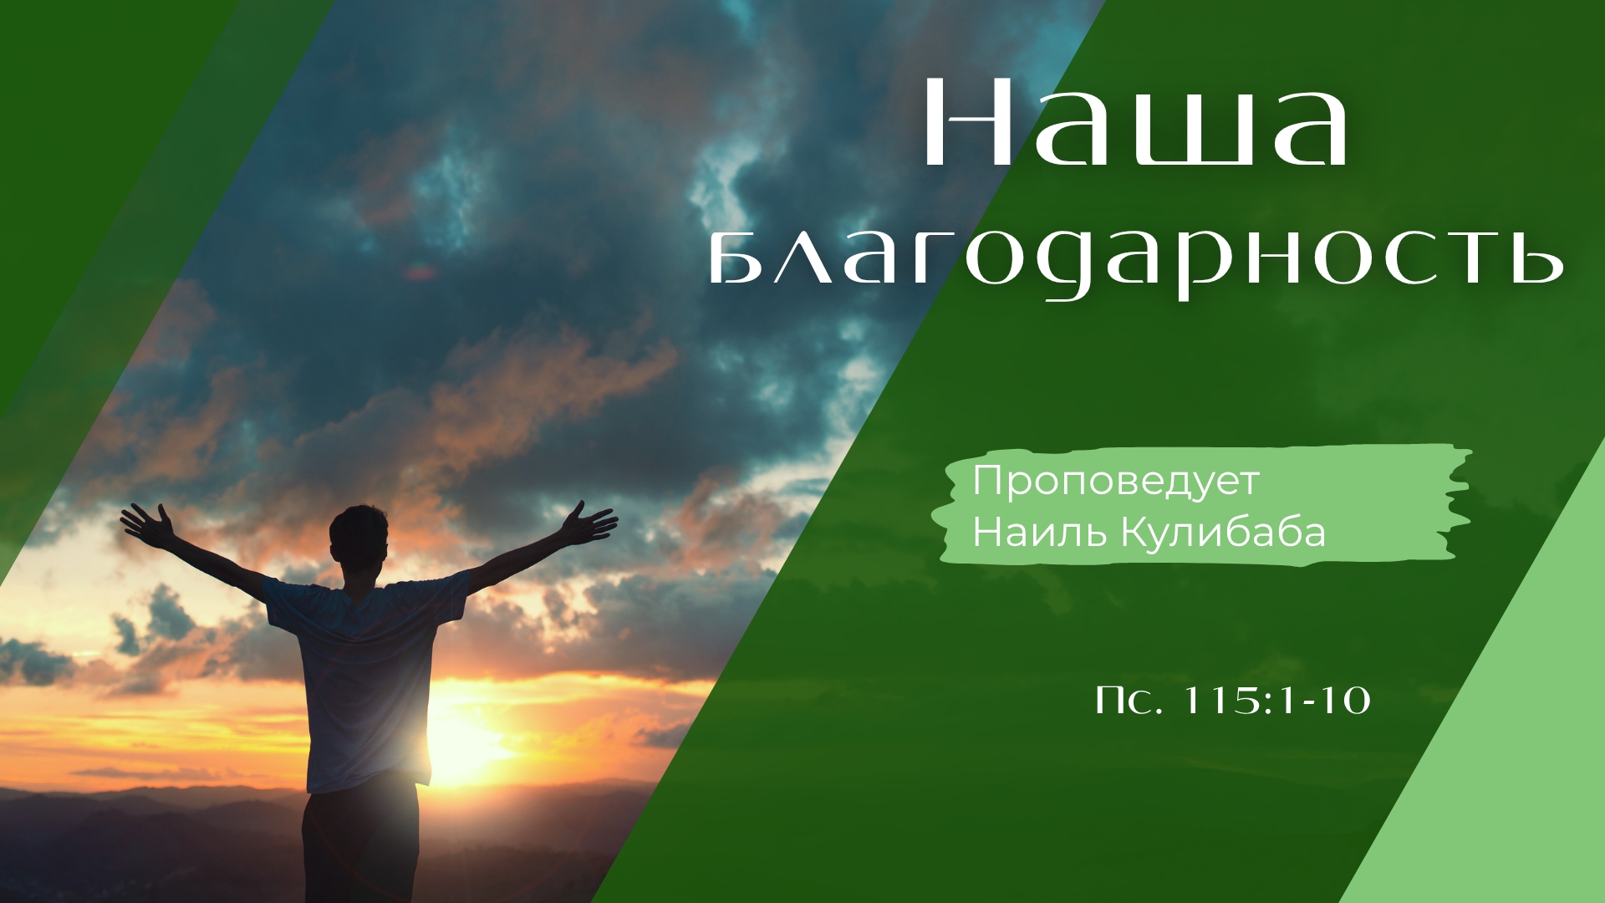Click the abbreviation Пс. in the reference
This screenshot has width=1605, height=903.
tap(1129, 701)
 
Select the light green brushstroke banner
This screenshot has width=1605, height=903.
tap(1204, 507)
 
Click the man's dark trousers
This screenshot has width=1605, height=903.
tap(359, 844)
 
